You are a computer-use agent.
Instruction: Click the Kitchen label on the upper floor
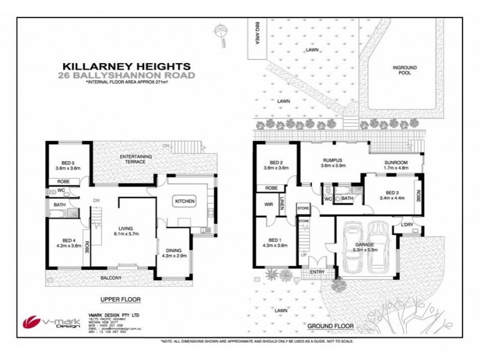pyautogui.click(x=184, y=202)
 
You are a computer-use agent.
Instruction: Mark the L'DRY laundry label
pyautogui.click(x=408, y=224)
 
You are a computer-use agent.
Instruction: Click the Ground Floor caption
pyautogui.click(x=330, y=326)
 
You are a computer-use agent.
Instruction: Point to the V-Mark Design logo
pyautogui.click(x=42, y=323)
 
